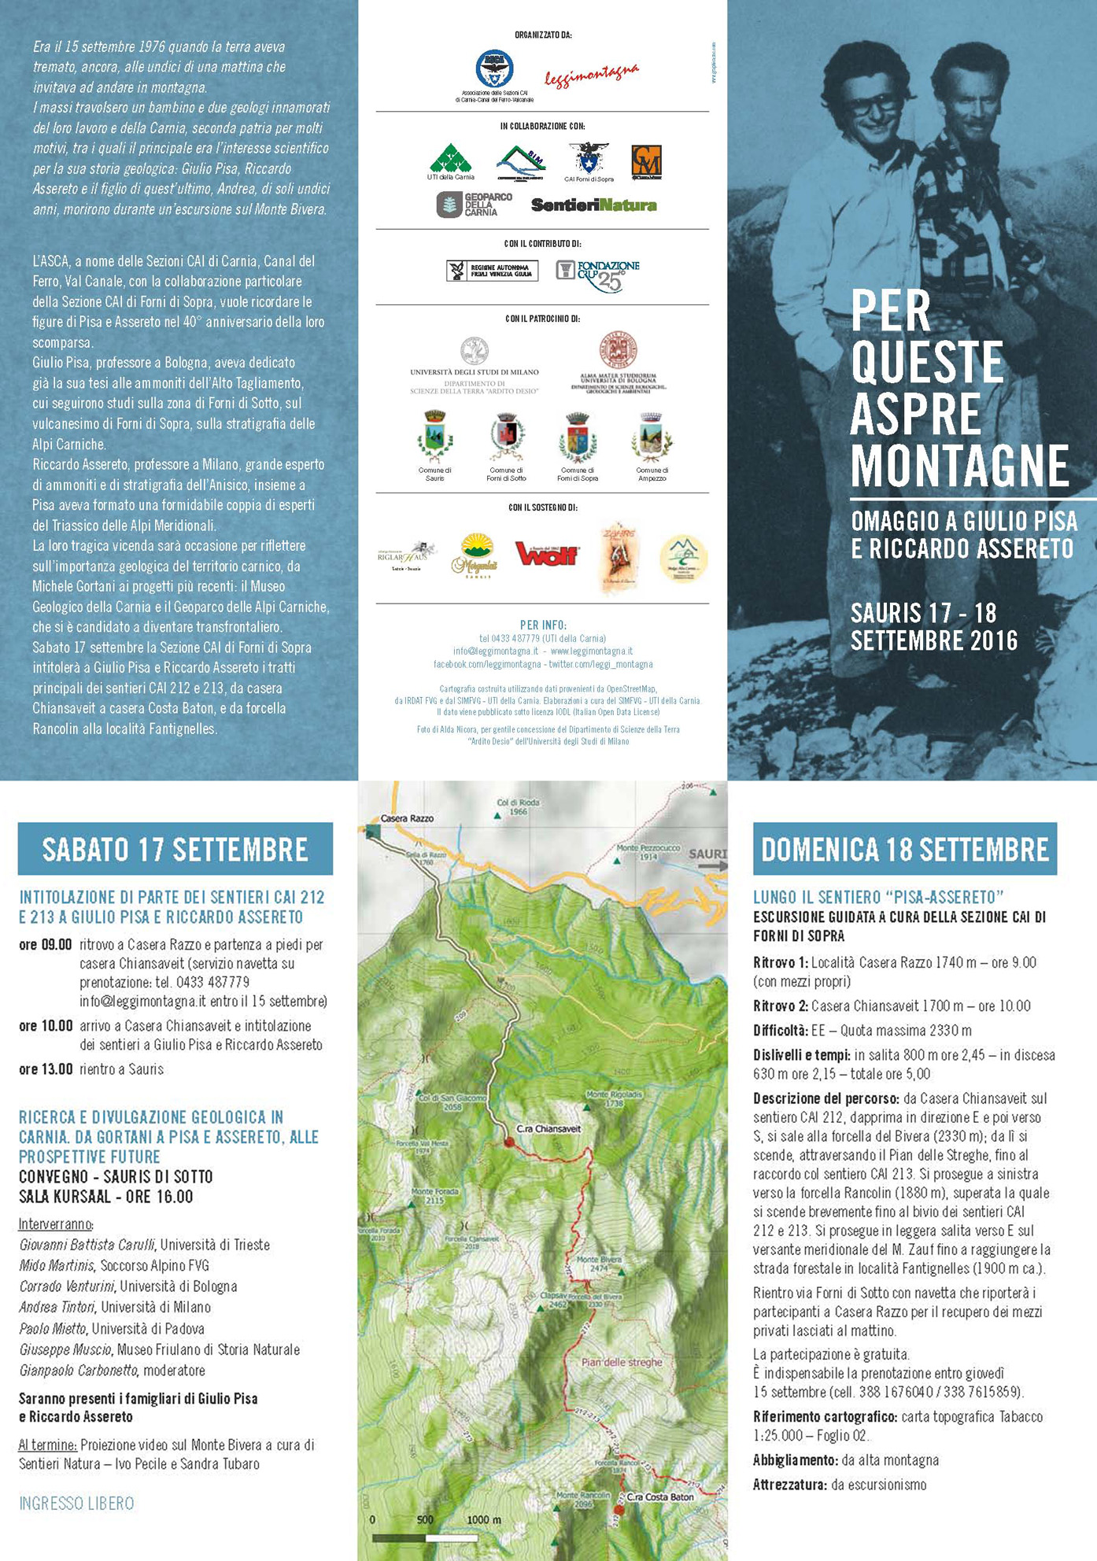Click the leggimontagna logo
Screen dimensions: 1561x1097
click(x=591, y=75)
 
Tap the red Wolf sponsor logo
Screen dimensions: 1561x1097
click(x=546, y=554)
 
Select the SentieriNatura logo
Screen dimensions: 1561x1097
click(x=593, y=205)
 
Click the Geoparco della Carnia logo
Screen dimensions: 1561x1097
click(x=475, y=205)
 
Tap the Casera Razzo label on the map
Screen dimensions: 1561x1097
click(x=407, y=818)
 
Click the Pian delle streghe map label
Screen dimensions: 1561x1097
click(x=622, y=1362)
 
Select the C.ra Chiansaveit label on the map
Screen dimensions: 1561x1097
click(x=548, y=1129)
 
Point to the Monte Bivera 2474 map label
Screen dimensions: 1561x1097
click(x=599, y=1263)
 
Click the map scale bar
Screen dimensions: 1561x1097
click(x=425, y=1537)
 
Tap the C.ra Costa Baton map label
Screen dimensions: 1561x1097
click(x=659, y=1497)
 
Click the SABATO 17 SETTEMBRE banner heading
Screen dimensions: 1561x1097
click(x=175, y=850)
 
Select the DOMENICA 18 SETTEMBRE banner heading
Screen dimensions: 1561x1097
click(x=905, y=850)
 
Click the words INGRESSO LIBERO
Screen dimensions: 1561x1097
click(x=76, y=1504)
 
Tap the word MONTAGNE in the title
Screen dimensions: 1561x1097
click(x=959, y=466)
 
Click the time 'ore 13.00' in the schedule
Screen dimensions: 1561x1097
click(x=46, y=1069)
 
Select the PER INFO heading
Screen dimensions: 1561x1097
click(x=542, y=625)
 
